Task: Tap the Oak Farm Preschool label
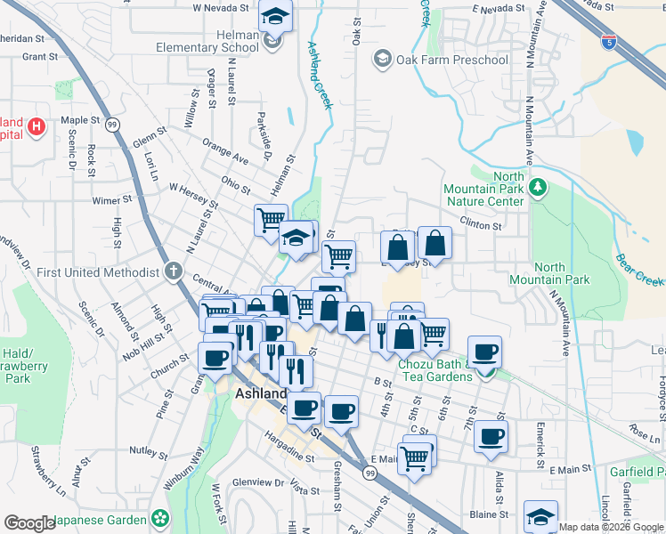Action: tap(451, 61)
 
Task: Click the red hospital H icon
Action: tap(37, 126)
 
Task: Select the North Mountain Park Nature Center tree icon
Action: tap(537, 187)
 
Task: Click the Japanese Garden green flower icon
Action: tap(160, 518)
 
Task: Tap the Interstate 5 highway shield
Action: tap(607, 42)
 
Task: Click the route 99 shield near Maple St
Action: tap(112, 125)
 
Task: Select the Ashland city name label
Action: tap(262, 393)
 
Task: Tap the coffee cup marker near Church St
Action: tap(215, 359)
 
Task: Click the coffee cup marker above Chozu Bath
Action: tap(484, 352)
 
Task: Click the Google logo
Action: tap(30, 523)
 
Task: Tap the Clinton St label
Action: tap(481, 226)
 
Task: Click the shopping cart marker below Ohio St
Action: tap(270, 220)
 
